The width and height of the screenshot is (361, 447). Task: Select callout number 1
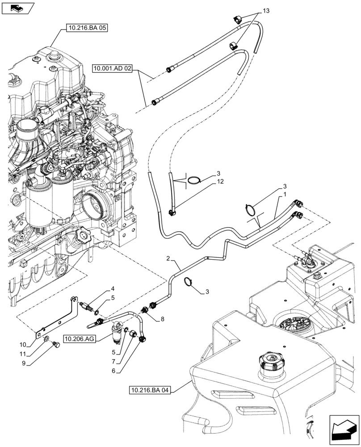click(284, 195)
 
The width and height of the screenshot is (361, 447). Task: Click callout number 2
click(168, 259)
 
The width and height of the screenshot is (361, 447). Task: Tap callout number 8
click(161, 319)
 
